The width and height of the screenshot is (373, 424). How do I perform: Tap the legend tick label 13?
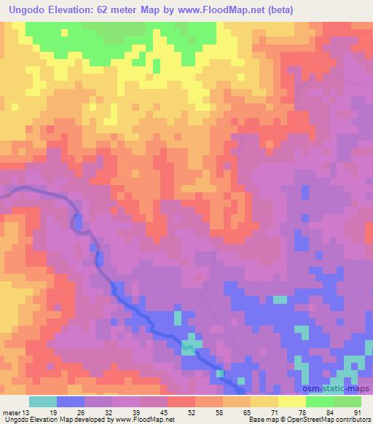pos(27,412)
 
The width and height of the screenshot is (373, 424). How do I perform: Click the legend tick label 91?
pos(356,412)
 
